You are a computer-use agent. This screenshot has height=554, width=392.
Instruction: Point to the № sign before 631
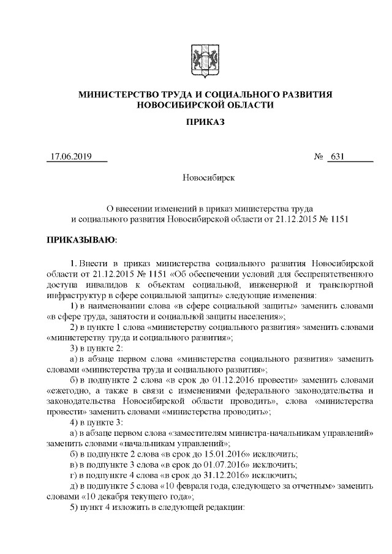pyautogui.click(x=318, y=156)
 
